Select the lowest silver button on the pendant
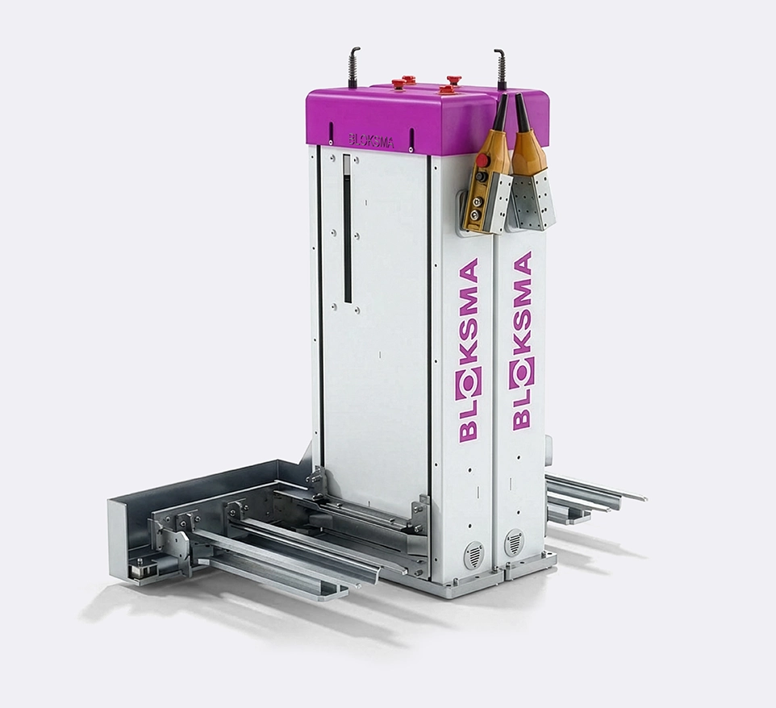pos(475,214)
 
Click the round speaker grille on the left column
pos(473,554)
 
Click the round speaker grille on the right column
pos(514,542)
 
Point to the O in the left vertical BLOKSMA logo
pos(469,381)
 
